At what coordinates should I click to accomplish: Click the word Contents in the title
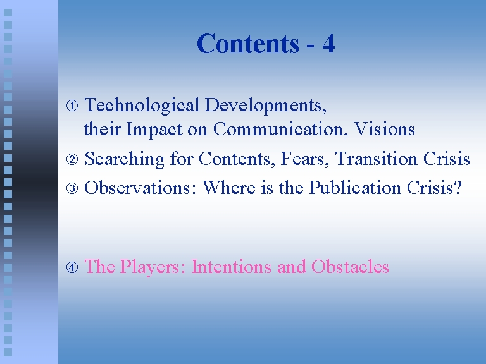(x=248, y=44)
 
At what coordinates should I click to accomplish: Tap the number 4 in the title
(x=328, y=44)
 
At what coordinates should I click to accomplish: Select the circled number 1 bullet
(x=72, y=106)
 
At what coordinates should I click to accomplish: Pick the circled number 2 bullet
(x=72, y=159)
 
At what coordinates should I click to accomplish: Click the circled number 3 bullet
(x=72, y=188)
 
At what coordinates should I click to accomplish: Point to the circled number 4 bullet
(x=72, y=267)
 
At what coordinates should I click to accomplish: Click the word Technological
(x=142, y=106)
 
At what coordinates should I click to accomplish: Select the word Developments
(x=266, y=106)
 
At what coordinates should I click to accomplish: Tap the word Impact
(x=154, y=130)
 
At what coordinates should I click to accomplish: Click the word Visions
(x=384, y=129)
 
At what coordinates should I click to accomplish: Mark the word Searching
(x=124, y=160)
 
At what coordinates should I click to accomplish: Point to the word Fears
(x=304, y=159)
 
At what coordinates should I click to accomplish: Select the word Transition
(x=376, y=159)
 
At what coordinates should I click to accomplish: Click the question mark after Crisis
(x=458, y=188)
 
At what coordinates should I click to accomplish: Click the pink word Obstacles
(x=350, y=267)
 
